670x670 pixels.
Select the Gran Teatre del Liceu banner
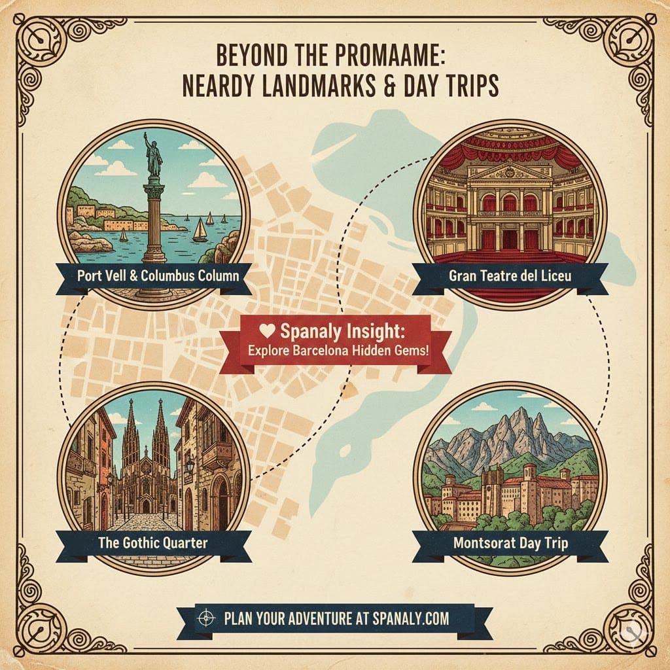510,275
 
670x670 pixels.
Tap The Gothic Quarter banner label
153,542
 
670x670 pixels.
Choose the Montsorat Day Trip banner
510,542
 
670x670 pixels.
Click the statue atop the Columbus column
153,154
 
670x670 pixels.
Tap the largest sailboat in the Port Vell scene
199,230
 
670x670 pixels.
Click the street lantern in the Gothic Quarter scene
190,467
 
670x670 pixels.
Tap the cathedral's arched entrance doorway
145,505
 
